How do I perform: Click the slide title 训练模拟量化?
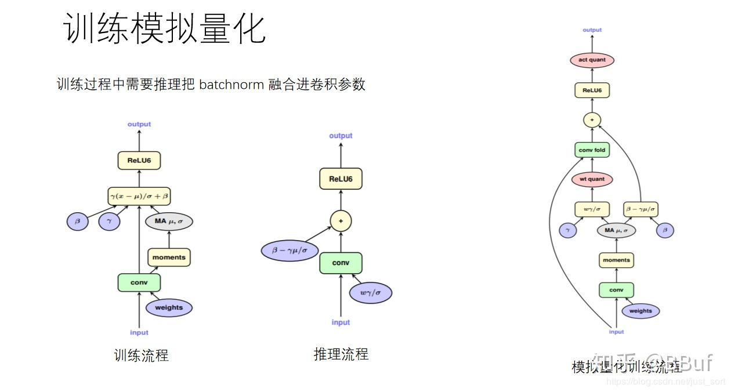[164, 29]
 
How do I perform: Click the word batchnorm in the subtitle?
[231, 85]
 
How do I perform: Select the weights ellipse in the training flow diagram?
[169, 308]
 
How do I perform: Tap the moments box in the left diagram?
[169, 257]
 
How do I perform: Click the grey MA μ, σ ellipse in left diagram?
[169, 221]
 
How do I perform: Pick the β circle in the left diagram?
[78, 221]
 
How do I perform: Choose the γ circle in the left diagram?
[109, 221]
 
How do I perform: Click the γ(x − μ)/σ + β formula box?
[139, 196]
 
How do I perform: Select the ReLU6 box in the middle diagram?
[341, 179]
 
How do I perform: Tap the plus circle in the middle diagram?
[341, 221]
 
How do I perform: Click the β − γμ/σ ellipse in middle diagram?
[289, 251]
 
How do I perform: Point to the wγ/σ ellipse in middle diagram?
[370, 292]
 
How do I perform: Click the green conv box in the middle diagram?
[341, 263]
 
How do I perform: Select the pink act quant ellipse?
[592, 60]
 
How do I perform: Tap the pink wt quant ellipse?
[592, 179]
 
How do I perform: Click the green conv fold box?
[592, 150]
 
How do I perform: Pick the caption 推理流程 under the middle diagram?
[341, 354]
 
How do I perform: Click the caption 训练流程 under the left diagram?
[142, 355]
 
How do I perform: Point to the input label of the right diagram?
[616, 332]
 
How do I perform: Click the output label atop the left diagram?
[139, 124]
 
